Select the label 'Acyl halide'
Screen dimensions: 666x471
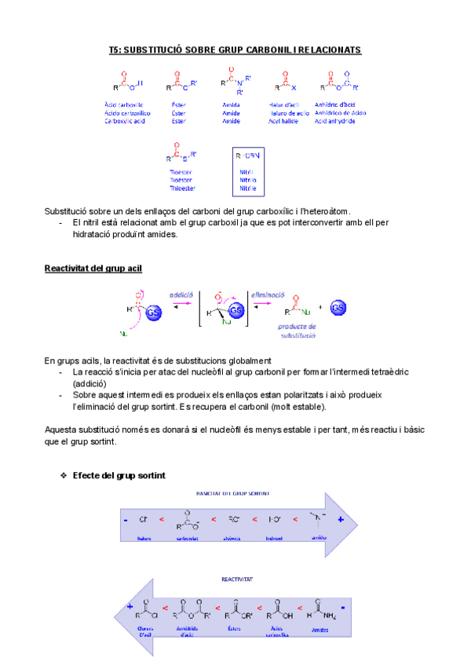[x=283, y=122]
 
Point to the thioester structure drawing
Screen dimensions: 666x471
[x=182, y=154]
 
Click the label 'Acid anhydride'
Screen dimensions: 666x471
[x=339, y=122]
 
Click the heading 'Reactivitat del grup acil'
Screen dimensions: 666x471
[x=93, y=269]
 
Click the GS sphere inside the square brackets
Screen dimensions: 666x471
[x=235, y=312]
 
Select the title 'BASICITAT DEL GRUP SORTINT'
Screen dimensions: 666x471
[x=232, y=493]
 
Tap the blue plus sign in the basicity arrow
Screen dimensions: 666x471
[x=340, y=520]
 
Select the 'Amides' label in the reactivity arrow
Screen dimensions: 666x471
[x=319, y=629]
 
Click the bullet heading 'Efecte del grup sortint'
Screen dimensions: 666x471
[x=118, y=476]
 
